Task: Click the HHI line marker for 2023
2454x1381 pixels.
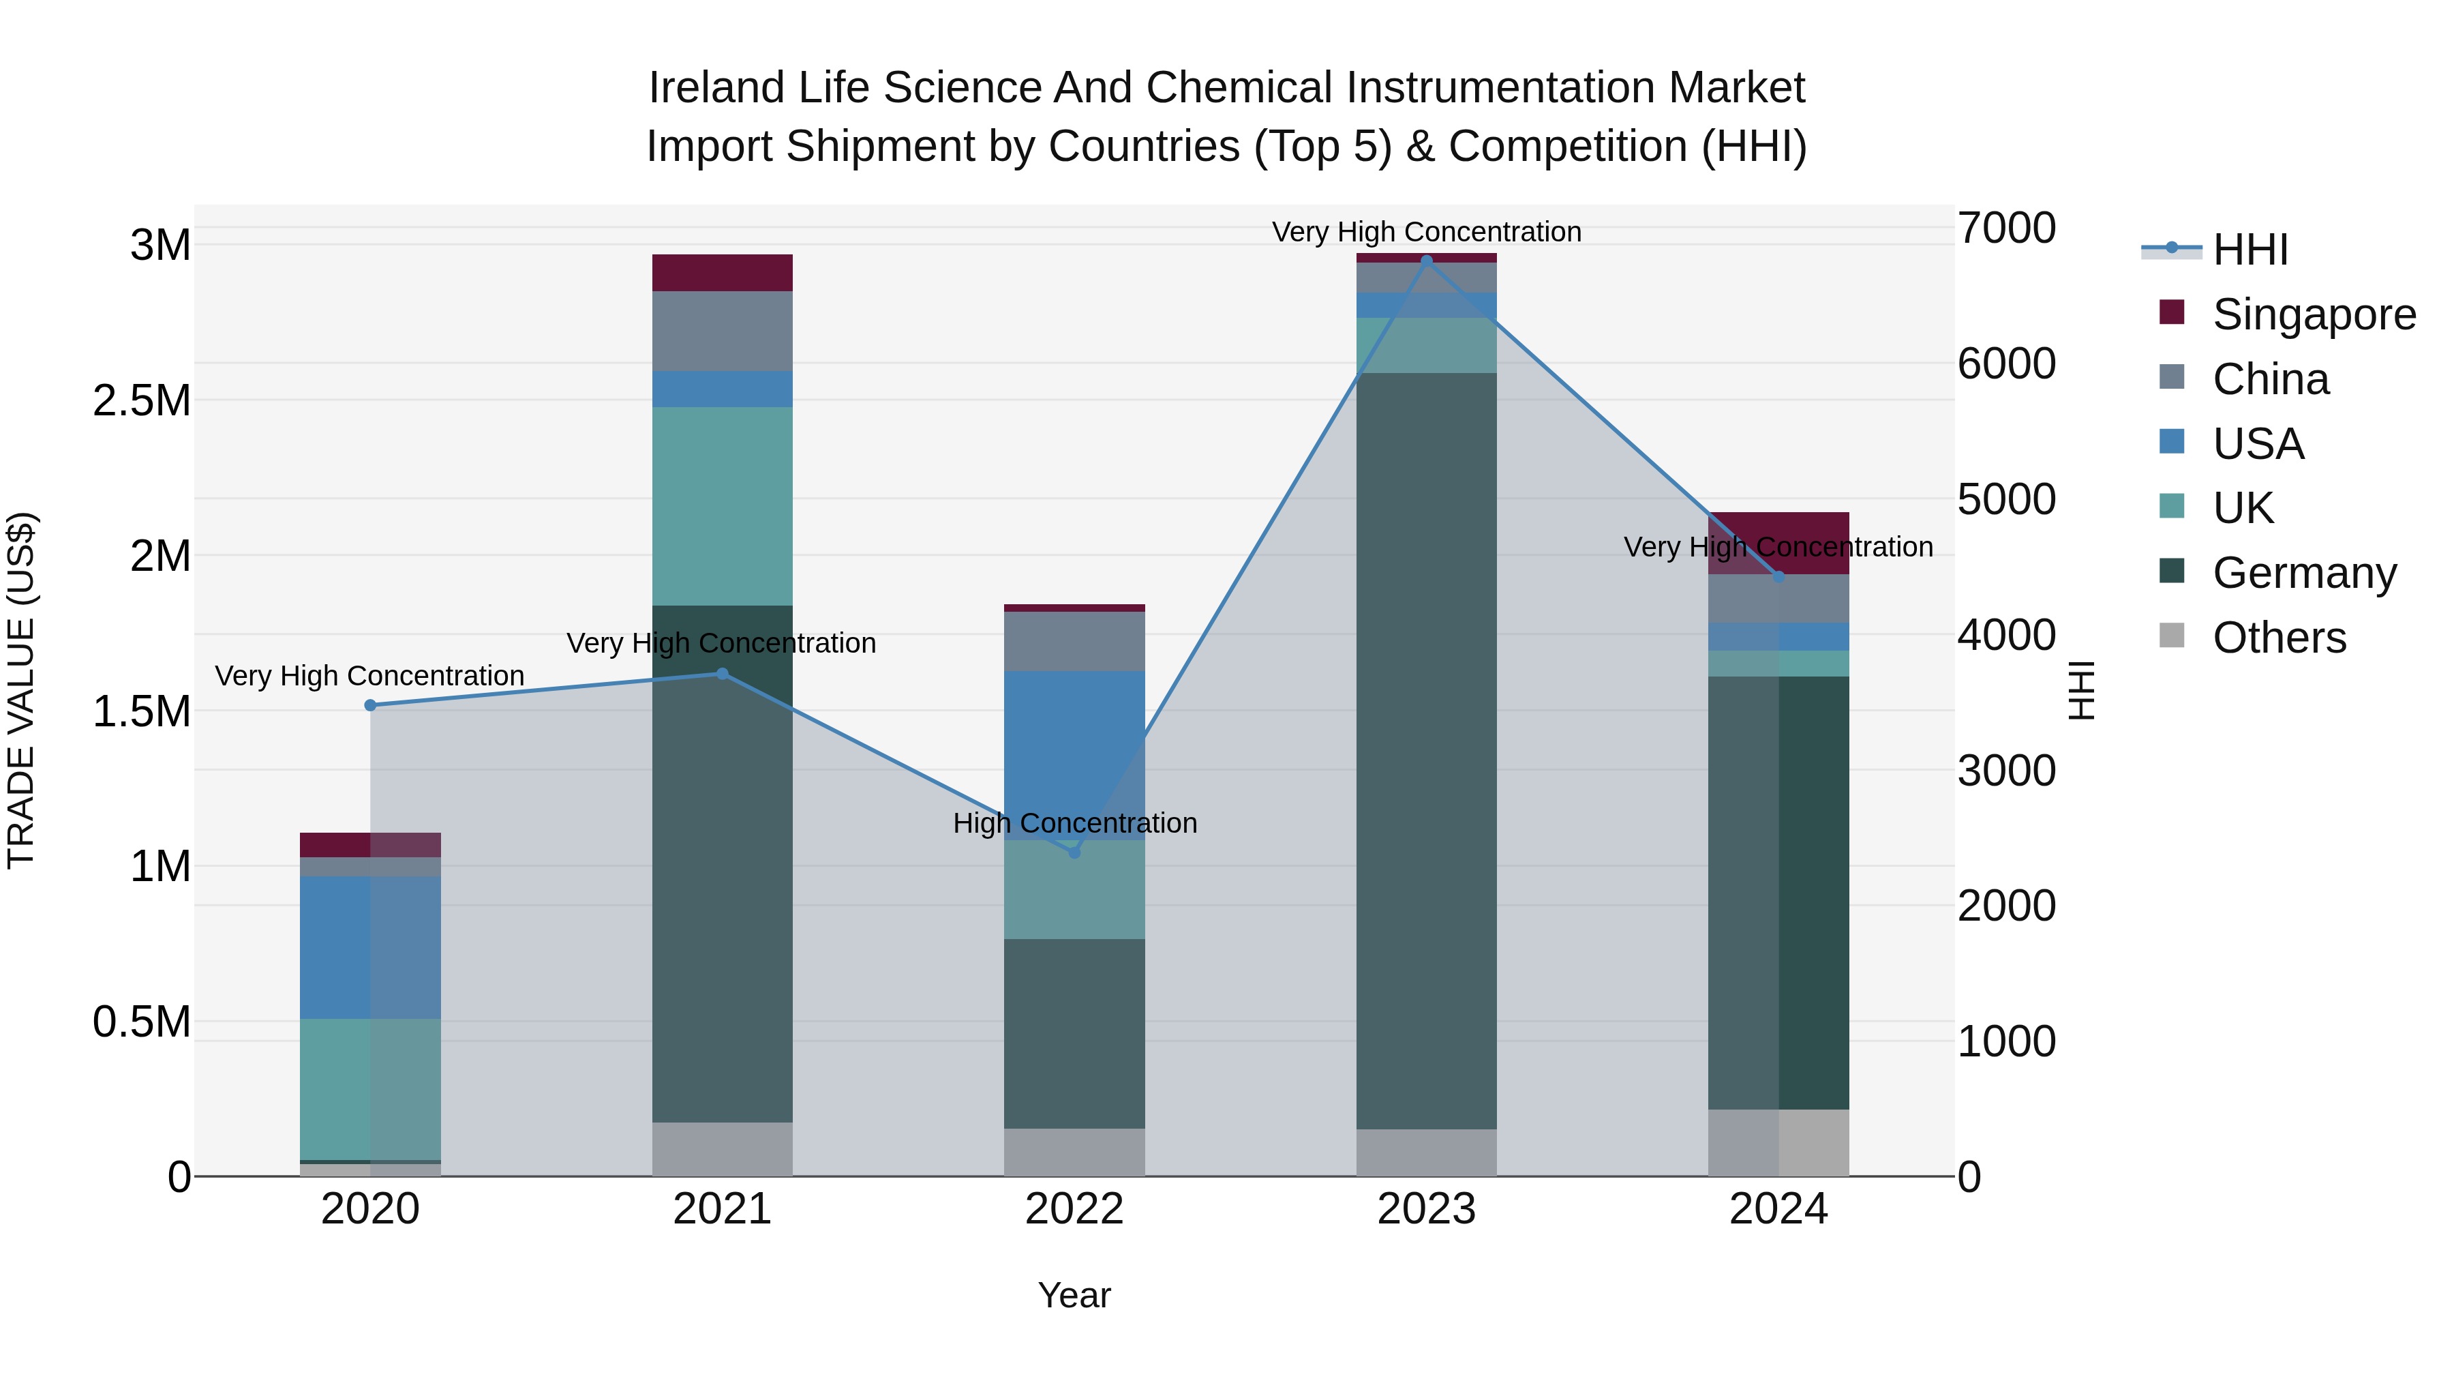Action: pyautogui.click(x=1426, y=261)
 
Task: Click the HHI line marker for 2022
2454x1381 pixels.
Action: pyautogui.click(x=1074, y=852)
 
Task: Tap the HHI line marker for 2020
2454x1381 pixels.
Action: pyautogui.click(x=371, y=705)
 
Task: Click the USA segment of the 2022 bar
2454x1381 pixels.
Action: pyautogui.click(x=1074, y=754)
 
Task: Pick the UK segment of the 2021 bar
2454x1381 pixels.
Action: pyautogui.click(x=722, y=506)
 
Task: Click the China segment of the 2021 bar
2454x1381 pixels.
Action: pyautogui.click(x=722, y=331)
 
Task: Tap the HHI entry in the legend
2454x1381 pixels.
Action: pyautogui.click(x=2249, y=250)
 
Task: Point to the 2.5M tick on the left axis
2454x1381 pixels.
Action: pyautogui.click(x=142, y=400)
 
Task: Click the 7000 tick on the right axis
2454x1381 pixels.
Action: pyautogui.click(x=2006, y=228)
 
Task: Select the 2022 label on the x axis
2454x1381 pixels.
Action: pyautogui.click(x=1074, y=1209)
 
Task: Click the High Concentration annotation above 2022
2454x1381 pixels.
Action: pyautogui.click(x=1074, y=822)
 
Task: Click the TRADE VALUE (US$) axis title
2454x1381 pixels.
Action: pyautogui.click(x=22, y=690)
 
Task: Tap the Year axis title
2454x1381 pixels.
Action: pyautogui.click(x=1074, y=1295)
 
